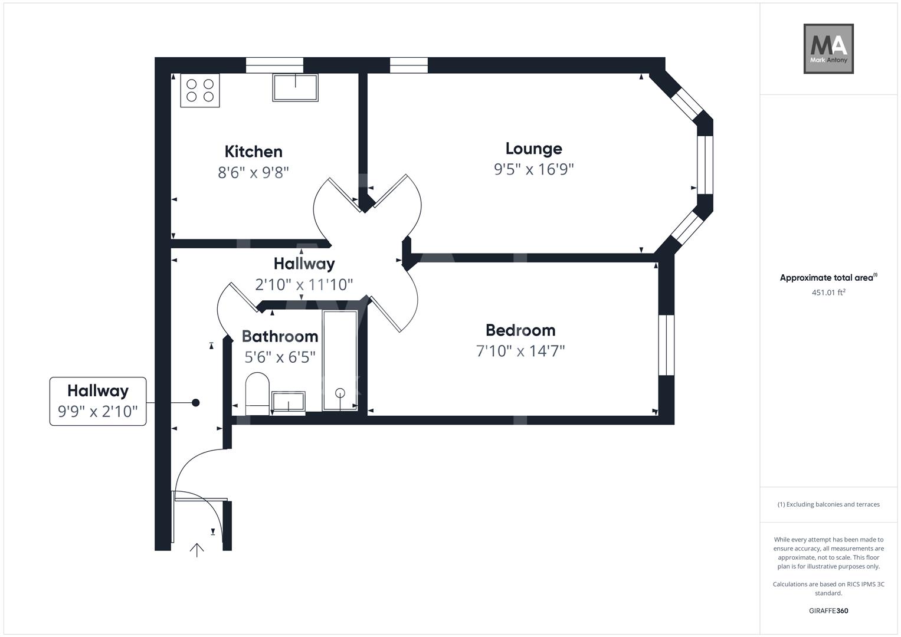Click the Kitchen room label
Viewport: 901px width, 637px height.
pos(254,152)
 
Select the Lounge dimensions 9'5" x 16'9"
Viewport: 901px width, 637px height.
pos(533,169)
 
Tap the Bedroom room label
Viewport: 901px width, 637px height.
pos(520,330)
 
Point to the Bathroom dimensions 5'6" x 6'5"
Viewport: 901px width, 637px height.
pos(280,357)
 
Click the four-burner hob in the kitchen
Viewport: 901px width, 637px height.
pos(200,90)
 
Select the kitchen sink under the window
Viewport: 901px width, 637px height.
pos(295,87)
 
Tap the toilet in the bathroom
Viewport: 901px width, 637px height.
pos(257,393)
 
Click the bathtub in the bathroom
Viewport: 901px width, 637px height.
pos(340,360)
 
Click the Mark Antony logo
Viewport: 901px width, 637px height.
pos(828,49)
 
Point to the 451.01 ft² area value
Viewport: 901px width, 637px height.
pos(828,292)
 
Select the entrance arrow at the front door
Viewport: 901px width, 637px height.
pos(196,550)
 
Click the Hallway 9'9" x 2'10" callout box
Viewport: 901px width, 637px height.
pos(98,401)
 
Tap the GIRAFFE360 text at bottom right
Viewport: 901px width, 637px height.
pos(828,610)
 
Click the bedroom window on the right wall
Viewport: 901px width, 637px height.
pos(666,345)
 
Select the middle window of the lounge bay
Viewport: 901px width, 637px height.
pos(705,165)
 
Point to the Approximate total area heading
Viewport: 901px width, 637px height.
pos(828,278)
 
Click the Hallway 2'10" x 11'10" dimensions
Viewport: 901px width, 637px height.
pos(304,285)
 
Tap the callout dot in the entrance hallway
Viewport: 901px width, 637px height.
pos(196,403)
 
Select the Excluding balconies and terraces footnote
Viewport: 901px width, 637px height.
pos(828,504)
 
